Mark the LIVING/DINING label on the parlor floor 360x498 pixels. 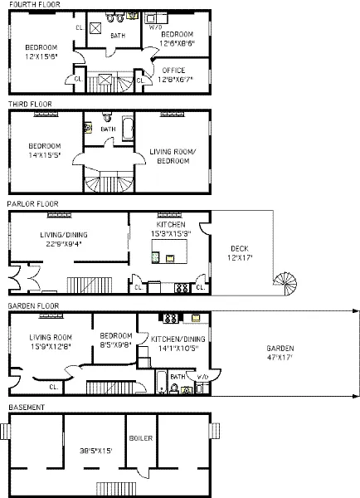[64, 239]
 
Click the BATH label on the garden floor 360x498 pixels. [176, 376]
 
